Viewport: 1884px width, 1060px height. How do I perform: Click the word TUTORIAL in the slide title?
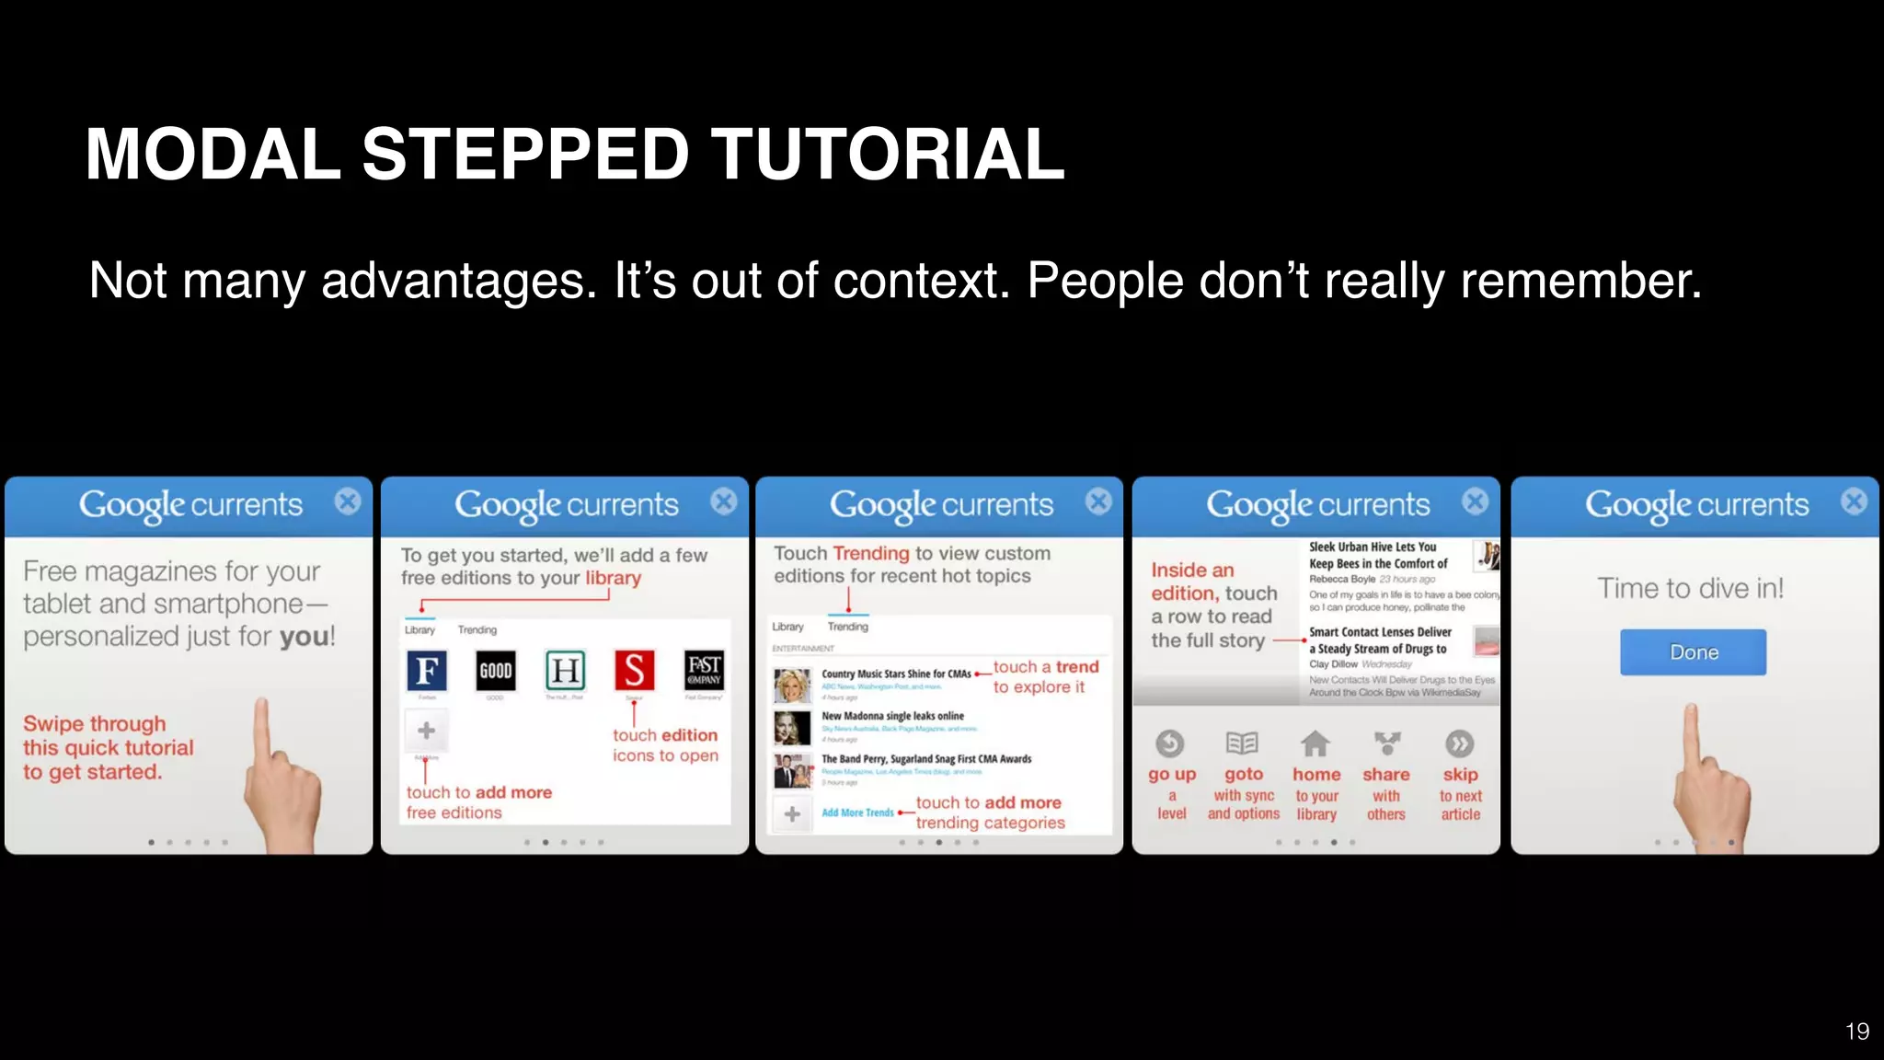[888, 154]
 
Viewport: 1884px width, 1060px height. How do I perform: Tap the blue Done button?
[1693, 652]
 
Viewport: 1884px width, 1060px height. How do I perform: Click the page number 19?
[1856, 1031]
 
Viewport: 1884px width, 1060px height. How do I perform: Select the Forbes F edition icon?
[427, 671]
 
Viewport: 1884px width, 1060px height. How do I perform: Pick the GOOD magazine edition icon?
[495, 671]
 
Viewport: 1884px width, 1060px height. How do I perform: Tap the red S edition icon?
[634, 671]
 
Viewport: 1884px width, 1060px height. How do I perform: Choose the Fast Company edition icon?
[704, 671]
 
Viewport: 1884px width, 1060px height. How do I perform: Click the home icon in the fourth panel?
[1315, 743]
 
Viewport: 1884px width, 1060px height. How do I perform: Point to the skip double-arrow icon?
[1459, 743]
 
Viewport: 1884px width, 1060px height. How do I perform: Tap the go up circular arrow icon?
[1170, 743]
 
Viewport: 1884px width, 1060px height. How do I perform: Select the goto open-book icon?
[1242, 743]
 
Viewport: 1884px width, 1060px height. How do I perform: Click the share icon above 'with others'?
[1386, 743]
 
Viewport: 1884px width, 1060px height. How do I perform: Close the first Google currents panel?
[348, 501]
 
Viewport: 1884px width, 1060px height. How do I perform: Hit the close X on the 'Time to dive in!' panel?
[1854, 501]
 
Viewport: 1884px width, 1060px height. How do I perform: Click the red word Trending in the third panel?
[871, 553]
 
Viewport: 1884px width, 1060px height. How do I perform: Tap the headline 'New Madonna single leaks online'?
[892, 716]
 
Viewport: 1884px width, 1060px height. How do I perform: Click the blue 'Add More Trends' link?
[857, 812]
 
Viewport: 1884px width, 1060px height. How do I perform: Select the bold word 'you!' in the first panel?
[307, 637]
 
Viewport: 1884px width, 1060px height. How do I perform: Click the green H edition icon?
[565, 671]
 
